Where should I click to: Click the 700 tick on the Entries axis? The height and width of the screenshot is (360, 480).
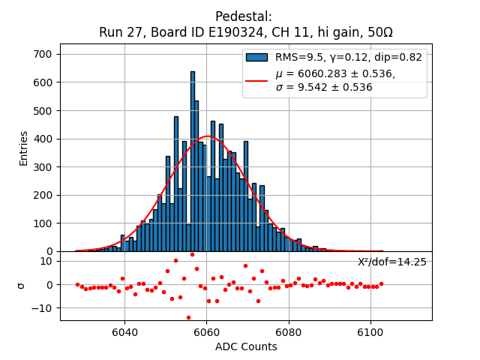tap(44, 54)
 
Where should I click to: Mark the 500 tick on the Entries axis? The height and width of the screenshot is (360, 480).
tap(44, 110)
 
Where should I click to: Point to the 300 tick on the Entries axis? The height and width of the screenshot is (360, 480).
tap(44, 166)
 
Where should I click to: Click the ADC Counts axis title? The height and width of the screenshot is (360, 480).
tap(246, 346)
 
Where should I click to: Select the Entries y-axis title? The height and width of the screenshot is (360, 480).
tap(23, 148)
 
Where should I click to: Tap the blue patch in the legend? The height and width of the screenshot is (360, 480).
tap(257, 58)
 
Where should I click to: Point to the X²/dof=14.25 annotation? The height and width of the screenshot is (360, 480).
tap(391, 262)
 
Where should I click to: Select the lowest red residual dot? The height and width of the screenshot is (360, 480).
tap(188, 317)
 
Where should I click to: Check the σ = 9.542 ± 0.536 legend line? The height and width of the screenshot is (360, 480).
tap(324, 87)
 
